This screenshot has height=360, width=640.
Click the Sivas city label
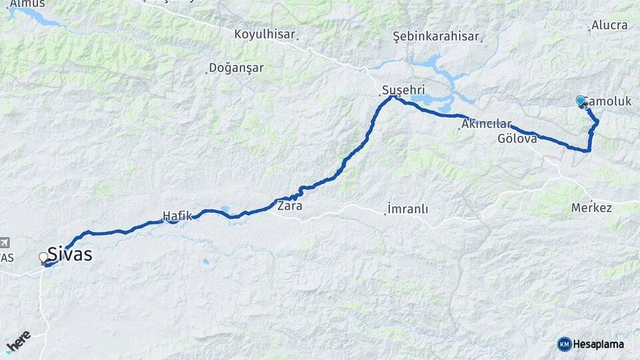(x=69, y=255)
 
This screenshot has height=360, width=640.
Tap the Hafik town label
(x=177, y=215)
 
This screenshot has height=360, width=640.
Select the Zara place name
(x=289, y=206)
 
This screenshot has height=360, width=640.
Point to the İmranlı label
(x=407, y=209)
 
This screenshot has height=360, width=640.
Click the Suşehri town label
(x=403, y=90)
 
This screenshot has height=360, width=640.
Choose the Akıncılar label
(x=486, y=124)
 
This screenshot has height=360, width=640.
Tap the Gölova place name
(x=517, y=139)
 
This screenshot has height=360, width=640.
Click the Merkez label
(x=591, y=208)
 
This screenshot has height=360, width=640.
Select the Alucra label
(x=609, y=25)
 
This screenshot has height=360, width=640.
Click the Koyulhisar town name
(x=265, y=33)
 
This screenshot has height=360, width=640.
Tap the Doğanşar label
(x=236, y=67)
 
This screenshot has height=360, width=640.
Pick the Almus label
(x=28, y=4)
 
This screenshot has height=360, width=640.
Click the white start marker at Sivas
(x=44, y=257)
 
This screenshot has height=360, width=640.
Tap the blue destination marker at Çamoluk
(x=581, y=101)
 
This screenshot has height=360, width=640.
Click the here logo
(x=18, y=341)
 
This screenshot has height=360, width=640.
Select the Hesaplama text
(x=599, y=344)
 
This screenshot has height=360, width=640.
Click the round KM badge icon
(x=564, y=344)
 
